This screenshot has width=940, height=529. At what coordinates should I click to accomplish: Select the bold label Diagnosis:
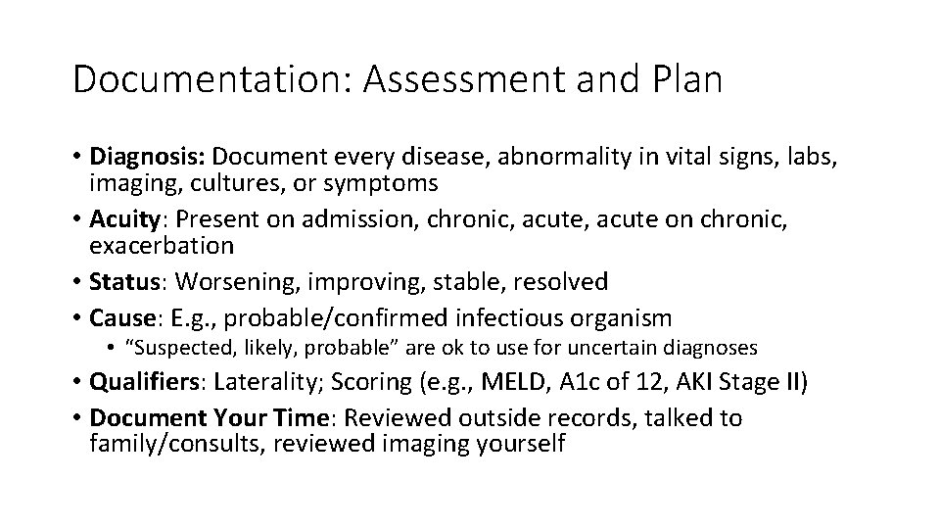148,157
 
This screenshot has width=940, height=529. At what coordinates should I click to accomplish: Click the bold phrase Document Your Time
206,418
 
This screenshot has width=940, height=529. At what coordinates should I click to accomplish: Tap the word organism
624,317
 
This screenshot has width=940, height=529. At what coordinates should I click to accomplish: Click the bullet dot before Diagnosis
77,157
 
